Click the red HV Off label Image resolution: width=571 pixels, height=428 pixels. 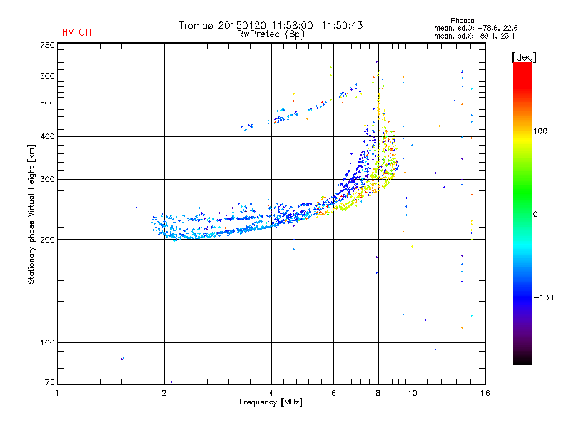[x=76, y=32]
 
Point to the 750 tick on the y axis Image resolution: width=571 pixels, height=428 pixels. [x=47, y=45]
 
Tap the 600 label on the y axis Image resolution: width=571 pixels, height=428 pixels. [x=47, y=76]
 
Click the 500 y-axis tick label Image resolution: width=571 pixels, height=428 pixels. [x=47, y=103]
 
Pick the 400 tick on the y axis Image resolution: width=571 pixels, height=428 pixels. [x=47, y=136]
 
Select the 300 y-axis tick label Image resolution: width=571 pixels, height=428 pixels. [x=47, y=179]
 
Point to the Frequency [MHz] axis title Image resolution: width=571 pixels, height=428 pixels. [x=271, y=402]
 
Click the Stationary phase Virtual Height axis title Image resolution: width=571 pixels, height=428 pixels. [x=31, y=214]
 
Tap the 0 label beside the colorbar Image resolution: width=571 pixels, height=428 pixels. [x=535, y=214]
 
